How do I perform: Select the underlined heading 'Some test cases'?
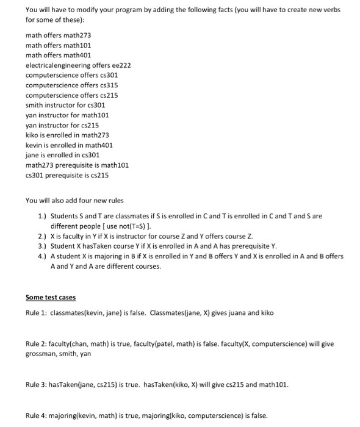pos(51,297)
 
